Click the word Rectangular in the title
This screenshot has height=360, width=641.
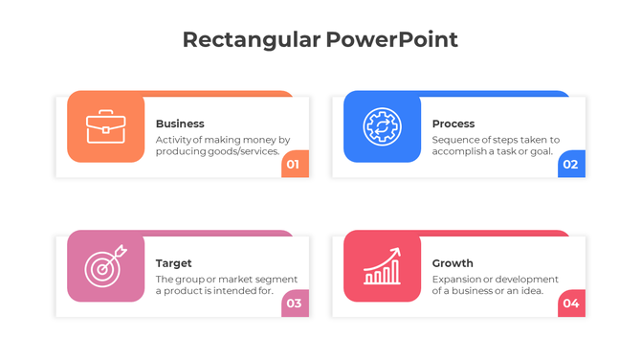pyautogui.click(x=251, y=39)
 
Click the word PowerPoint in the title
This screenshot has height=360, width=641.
pyautogui.click(x=391, y=39)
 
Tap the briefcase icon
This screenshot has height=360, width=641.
pyautogui.click(x=105, y=126)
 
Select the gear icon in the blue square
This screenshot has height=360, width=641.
pyautogui.click(x=382, y=126)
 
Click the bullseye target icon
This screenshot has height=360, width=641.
pyautogui.click(x=105, y=267)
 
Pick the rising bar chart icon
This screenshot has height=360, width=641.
pyautogui.click(x=382, y=267)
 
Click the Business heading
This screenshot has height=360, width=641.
pyautogui.click(x=180, y=124)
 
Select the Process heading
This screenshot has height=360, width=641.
pyautogui.click(x=453, y=124)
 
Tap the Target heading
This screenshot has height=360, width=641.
pyautogui.click(x=174, y=263)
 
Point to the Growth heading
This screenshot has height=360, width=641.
pyautogui.click(x=453, y=263)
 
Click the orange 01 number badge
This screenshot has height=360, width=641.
pyautogui.click(x=294, y=165)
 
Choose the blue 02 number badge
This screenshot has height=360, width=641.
pyautogui.click(x=570, y=165)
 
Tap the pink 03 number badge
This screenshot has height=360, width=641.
pyautogui.click(x=294, y=304)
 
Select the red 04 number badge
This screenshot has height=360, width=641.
pyautogui.click(x=570, y=304)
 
